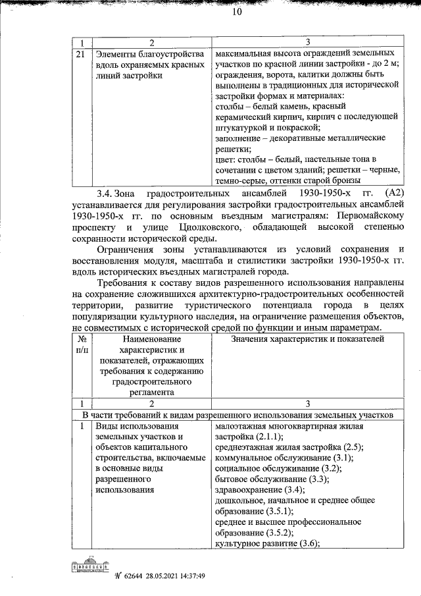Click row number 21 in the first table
[x=80, y=54]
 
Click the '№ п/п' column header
[x=80, y=344]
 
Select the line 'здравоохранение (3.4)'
[x=259, y=490]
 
